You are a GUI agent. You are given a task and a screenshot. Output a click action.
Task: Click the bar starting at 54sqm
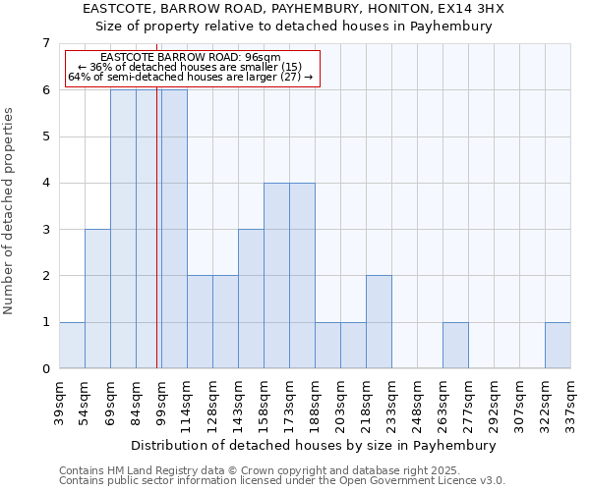(97, 299)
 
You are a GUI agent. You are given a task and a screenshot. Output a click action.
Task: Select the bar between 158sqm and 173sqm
(276, 276)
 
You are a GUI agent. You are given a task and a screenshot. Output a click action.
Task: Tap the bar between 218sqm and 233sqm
(379, 322)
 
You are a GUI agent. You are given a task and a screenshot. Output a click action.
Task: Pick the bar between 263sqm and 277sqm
(455, 346)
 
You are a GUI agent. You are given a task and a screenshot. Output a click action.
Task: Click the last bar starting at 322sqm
(558, 346)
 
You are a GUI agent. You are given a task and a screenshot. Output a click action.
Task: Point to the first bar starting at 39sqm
(72, 346)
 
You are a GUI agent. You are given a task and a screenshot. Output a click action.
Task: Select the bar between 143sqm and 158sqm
(251, 299)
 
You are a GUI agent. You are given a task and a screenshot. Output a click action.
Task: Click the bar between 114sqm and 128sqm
(200, 322)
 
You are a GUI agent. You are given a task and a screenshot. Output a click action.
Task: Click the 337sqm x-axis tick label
(571, 399)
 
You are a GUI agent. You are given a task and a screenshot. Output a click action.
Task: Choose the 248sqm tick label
(417, 399)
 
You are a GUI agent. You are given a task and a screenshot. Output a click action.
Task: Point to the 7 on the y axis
(45, 43)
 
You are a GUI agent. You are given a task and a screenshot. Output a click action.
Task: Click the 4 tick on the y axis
(45, 183)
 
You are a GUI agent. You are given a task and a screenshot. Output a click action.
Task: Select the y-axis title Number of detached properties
(10, 210)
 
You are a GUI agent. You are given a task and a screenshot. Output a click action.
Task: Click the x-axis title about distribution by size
(314, 445)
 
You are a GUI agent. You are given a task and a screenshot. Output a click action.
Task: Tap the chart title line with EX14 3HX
(294, 9)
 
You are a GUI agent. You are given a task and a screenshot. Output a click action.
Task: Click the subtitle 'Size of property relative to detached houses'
(294, 27)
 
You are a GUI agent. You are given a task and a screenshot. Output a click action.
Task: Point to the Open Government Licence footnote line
(282, 481)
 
